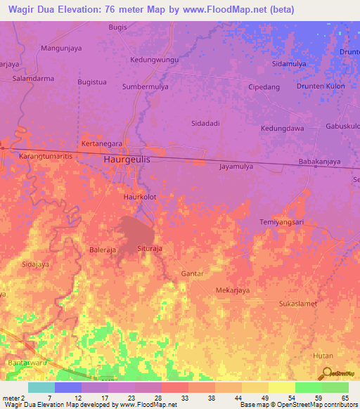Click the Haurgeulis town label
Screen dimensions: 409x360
(127, 160)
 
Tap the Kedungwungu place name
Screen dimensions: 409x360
(155, 60)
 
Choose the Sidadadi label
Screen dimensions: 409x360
(206, 123)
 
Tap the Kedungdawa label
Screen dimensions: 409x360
(282, 129)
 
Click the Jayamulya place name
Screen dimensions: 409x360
(240, 167)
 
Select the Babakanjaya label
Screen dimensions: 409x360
(319, 162)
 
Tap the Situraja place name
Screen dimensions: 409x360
(150, 249)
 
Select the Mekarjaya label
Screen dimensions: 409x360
(233, 290)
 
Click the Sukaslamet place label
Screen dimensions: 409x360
(298, 304)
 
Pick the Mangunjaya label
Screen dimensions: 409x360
(62, 48)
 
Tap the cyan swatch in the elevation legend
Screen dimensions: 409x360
(41, 387)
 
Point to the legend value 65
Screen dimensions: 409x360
(345, 398)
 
